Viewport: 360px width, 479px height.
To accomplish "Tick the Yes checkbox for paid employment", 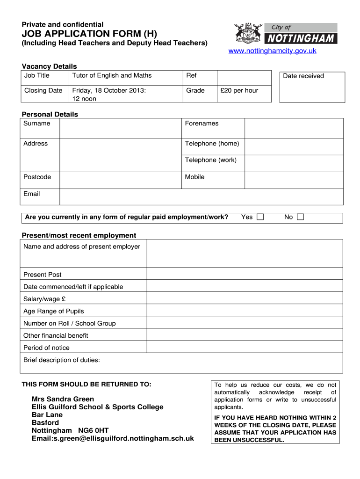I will (x=260, y=217).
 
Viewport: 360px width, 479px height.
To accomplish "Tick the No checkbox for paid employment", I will (x=300, y=217).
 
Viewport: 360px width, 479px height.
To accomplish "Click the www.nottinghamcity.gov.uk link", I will (x=272, y=51).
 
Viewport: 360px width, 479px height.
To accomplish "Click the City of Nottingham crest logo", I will (x=248, y=33).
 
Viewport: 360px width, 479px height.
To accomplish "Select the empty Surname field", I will (x=120, y=128).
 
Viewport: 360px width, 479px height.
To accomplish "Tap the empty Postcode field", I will (x=120, y=180).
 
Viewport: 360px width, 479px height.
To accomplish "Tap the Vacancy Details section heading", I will (x=50, y=66).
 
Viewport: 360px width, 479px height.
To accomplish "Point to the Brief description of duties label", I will (x=62, y=360).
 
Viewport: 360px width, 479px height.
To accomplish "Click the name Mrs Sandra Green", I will (x=63, y=399).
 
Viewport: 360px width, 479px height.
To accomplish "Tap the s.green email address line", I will (x=113, y=438).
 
